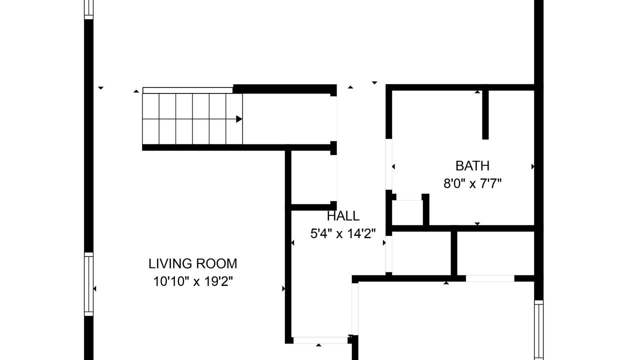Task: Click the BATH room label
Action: (x=472, y=166)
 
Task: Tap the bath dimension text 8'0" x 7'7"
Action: (x=472, y=183)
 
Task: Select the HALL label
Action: (x=343, y=216)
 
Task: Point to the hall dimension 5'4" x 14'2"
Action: (x=343, y=233)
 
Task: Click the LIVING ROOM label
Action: (x=193, y=263)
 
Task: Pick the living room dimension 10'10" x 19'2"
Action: (x=193, y=281)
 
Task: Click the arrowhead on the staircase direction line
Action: (x=239, y=119)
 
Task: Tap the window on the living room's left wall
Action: (x=89, y=284)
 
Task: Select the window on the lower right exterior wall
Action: (x=538, y=330)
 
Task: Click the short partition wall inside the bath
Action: (x=485, y=115)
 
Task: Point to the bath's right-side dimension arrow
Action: (x=533, y=166)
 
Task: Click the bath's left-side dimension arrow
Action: (x=393, y=166)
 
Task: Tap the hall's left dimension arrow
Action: (x=292, y=243)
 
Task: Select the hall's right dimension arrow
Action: (x=384, y=243)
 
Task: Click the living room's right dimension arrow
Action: (x=283, y=289)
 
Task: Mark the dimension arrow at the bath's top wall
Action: (x=477, y=91)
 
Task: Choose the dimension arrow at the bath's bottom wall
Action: (x=477, y=223)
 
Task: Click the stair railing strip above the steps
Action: (x=187, y=90)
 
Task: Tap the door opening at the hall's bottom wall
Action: (x=320, y=340)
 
